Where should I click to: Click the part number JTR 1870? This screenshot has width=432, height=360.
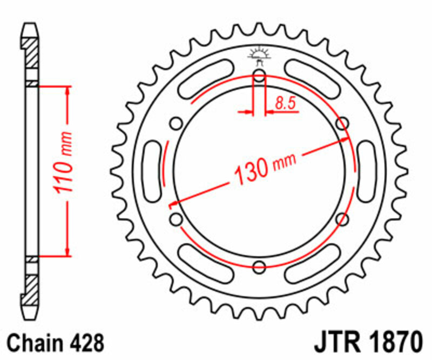click(x=367, y=343)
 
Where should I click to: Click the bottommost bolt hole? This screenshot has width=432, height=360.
click(x=259, y=266)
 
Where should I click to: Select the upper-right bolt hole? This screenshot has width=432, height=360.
click(x=342, y=123)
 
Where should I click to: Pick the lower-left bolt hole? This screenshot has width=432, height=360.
click(x=175, y=218)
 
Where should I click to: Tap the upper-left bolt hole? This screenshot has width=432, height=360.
click(x=175, y=123)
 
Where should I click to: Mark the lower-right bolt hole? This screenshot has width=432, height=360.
click(x=342, y=218)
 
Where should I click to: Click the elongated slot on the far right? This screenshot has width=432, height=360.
click(x=367, y=171)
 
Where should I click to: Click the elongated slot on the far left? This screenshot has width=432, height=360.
click(x=152, y=171)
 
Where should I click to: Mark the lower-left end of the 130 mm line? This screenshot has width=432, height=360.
click(x=172, y=206)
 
